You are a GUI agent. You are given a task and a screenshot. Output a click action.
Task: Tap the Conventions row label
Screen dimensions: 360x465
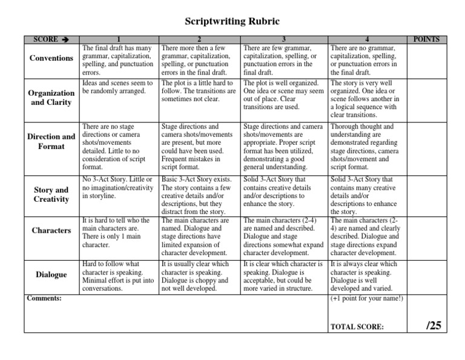51,59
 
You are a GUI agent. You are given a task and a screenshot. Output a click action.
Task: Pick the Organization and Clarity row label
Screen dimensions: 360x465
51,98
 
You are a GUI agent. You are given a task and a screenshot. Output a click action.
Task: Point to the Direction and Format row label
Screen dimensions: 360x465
51,141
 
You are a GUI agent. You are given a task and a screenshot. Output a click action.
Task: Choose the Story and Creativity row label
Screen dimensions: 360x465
51,195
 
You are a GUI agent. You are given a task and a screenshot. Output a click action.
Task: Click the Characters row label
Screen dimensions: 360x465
51,231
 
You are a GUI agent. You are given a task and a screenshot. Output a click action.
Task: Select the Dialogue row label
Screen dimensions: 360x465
51,275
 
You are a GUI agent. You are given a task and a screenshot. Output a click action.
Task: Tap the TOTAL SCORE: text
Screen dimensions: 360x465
357,327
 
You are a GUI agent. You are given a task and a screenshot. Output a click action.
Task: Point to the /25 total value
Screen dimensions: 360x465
434,325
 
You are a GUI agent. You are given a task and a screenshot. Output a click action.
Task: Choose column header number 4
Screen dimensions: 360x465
365,40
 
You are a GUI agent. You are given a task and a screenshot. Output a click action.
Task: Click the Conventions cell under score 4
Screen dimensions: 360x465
365,60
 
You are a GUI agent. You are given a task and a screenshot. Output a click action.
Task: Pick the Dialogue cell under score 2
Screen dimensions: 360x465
199,277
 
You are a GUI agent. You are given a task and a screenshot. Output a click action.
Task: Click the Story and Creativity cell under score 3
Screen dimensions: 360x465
283,193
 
